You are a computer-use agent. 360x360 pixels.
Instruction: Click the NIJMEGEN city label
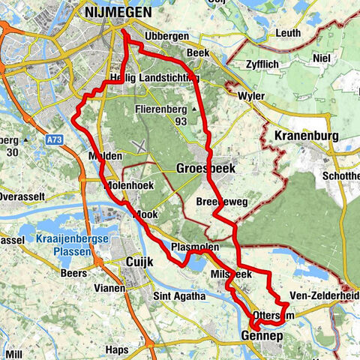point(118,13)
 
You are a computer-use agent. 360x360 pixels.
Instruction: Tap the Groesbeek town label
point(205,169)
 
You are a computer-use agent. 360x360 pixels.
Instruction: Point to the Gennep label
point(262,336)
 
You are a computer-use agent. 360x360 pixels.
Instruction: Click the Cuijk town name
point(136,261)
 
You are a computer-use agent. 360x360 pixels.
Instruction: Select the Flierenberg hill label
point(160,109)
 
